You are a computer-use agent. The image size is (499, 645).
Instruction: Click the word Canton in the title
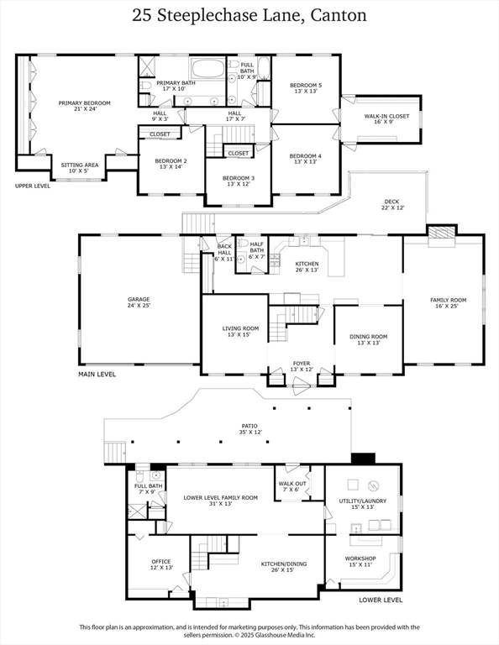(x=339, y=16)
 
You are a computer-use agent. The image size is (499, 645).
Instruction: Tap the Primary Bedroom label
(x=84, y=106)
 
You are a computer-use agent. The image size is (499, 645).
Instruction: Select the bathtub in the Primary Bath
(x=207, y=68)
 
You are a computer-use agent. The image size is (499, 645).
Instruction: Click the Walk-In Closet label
(x=386, y=119)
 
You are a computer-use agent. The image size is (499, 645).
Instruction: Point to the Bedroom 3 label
(x=239, y=181)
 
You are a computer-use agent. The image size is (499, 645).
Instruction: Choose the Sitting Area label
(x=80, y=168)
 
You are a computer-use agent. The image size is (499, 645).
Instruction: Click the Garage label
(x=139, y=302)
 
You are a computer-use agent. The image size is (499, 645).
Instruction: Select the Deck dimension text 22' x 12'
(x=391, y=207)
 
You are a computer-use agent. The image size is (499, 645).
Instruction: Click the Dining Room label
(x=368, y=339)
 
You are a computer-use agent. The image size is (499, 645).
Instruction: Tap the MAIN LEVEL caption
(x=97, y=375)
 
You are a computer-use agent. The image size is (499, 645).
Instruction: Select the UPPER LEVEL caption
(x=33, y=186)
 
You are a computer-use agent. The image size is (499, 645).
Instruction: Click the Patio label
(x=249, y=429)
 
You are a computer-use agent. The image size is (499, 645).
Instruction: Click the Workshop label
(x=360, y=562)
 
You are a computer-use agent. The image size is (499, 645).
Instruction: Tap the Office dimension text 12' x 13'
(x=161, y=568)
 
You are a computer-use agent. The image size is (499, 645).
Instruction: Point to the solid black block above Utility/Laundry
(x=363, y=458)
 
